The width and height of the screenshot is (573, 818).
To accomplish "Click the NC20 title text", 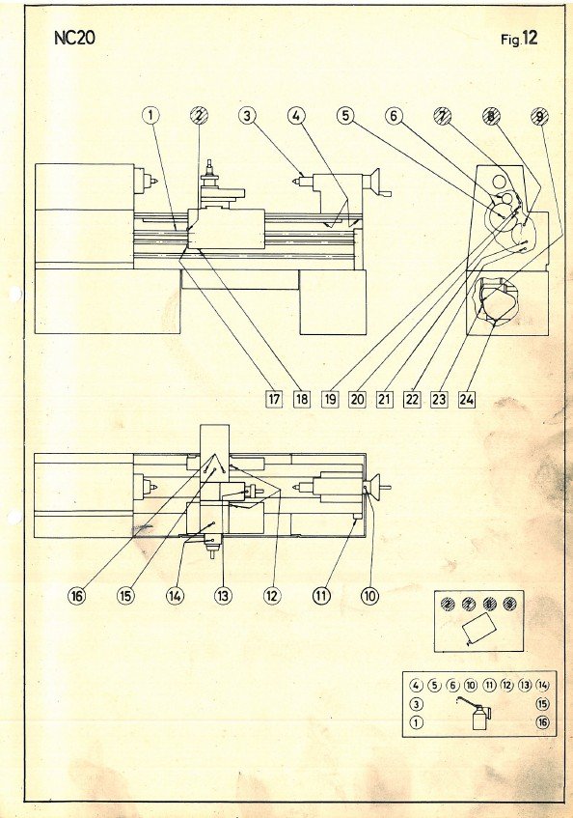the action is coord(74,39).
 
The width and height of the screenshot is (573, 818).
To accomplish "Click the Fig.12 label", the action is coord(519,39).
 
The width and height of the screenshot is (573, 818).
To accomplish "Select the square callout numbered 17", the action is coord(274,399).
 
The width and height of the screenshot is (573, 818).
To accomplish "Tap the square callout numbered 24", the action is coord(467,399).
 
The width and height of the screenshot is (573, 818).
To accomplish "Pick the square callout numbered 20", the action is coord(357,399).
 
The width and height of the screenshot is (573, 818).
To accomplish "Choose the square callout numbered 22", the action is coord(412,399).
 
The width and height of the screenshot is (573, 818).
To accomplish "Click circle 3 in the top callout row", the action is coord(247,115).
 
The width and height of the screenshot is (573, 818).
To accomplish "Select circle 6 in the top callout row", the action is coord(394,115).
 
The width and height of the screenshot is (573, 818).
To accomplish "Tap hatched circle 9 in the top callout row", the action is coord(539,116).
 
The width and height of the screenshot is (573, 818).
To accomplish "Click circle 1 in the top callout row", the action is coord(150,114).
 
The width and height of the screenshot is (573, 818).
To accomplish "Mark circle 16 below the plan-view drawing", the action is coord(76,595).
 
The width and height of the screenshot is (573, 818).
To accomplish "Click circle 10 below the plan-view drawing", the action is coord(369,595).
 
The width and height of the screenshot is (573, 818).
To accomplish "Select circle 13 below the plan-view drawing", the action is coord(223,595).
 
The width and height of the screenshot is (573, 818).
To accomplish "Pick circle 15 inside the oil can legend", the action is coord(542,704).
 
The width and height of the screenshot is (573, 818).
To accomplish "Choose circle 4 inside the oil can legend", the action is coord(416,686).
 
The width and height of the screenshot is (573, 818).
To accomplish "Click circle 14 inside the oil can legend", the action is coord(542,686).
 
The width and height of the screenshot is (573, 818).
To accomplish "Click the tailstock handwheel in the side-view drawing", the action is coord(376,182).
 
